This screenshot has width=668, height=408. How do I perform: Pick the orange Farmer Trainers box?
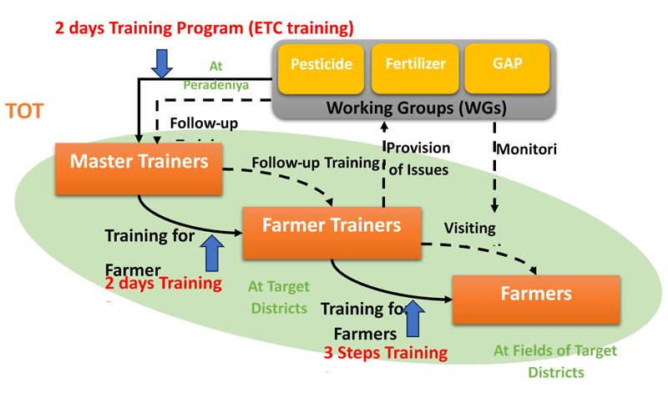[331, 232]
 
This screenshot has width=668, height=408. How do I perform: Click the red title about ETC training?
[205, 28]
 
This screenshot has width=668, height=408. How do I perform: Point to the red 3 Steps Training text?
[386, 352]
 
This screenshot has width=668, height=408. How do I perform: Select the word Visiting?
[469, 227]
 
